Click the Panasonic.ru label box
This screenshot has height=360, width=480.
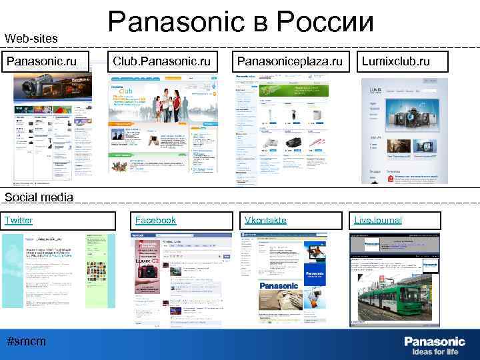pyautogui.click(x=41, y=62)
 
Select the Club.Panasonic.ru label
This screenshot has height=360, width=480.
pyautogui.click(x=162, y=62)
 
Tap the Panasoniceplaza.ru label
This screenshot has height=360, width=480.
pyautogui.click(x=289, y=62)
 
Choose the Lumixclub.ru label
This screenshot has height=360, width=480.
pyautogui.click(x=395, y=62)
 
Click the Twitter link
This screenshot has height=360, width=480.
pyautogui.click(x=19, y=220)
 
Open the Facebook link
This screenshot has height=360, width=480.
pyautogui.click(x=155, y=220)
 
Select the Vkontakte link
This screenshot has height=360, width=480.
pyautogui.click(x=265, y=220)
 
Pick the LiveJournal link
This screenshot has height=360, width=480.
pyautogui.click(x=378, y=220)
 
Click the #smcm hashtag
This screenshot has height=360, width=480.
pyautogui.click(x=26, y=341)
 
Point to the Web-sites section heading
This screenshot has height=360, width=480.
pyautogui.click(x=31, y=39)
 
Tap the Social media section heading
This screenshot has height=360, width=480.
pyautogui.click(x=39, y=197)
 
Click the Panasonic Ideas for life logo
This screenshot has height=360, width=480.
pyautogui.click(x=434, y=345)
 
